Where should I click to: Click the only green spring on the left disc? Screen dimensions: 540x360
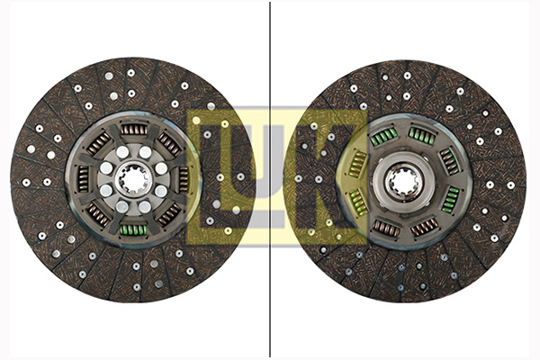[x=133, y=229]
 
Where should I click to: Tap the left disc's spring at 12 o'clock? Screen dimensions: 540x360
[x=134, y=130]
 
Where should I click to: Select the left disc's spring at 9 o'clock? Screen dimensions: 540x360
[x=84, y=179]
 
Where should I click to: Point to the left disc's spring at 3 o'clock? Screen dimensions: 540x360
[x=184, y=179]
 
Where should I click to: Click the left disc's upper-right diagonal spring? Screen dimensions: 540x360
[x=169, y=144]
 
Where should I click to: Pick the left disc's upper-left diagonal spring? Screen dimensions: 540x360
[x=99, y=144]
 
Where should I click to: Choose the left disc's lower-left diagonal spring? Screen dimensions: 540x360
[x=97, y=214]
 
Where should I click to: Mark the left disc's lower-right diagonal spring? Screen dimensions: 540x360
[x=169, y=215]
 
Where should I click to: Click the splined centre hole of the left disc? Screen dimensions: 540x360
[x=133, y=179]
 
